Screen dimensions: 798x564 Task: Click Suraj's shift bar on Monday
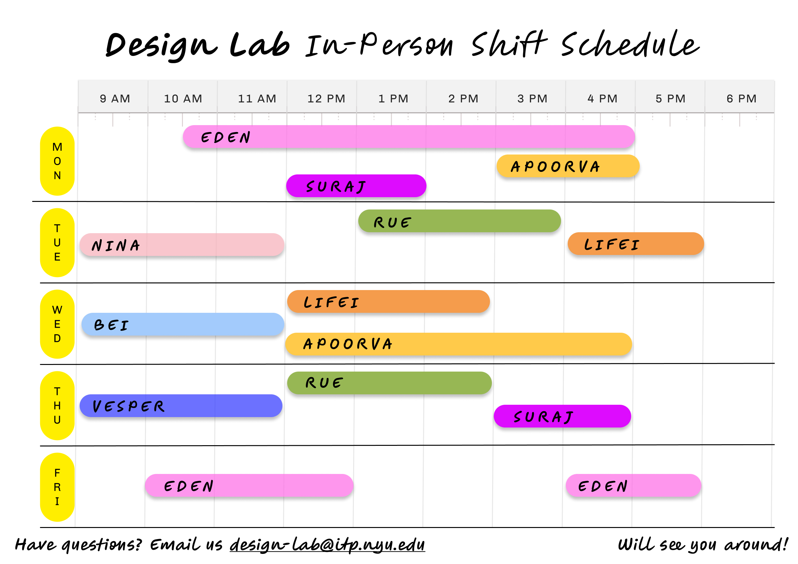(356, 186)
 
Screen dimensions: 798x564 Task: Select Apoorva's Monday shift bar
(568, 166)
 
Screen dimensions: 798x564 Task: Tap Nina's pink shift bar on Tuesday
(182, 245)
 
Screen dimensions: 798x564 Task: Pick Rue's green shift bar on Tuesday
(459, 221)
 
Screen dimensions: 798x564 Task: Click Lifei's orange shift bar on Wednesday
(388, 302)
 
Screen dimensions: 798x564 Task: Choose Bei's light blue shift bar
(183, 324)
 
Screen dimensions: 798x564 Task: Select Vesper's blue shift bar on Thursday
(181, 406)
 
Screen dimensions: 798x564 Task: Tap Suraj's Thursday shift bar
(562, 416)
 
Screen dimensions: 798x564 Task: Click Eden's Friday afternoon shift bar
(633, 485)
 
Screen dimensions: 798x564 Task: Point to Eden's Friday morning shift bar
(249, 485)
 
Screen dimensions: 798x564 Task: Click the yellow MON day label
(57, 161)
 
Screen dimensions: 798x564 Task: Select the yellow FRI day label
(57, 487)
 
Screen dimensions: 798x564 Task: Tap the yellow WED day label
(57, 324)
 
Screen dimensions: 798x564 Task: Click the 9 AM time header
(115, 99)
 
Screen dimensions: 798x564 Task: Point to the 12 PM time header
(326, 99)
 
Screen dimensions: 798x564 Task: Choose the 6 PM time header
(741, 99)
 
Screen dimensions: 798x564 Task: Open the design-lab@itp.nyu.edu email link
(327, 544)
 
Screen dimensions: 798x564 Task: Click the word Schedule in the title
(630, 44)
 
